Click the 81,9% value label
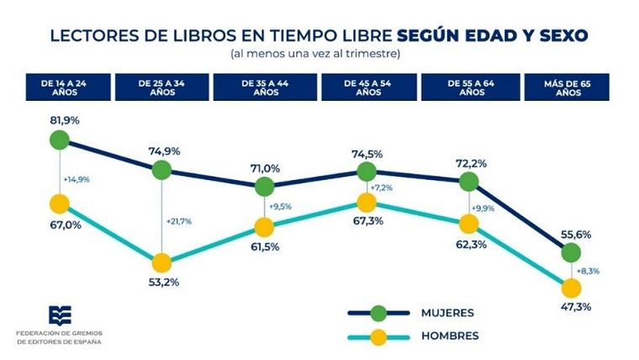coord(64,120)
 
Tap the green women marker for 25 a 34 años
coord(161,171)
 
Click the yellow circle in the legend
coord(378,336)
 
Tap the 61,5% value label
coord(263,247)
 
